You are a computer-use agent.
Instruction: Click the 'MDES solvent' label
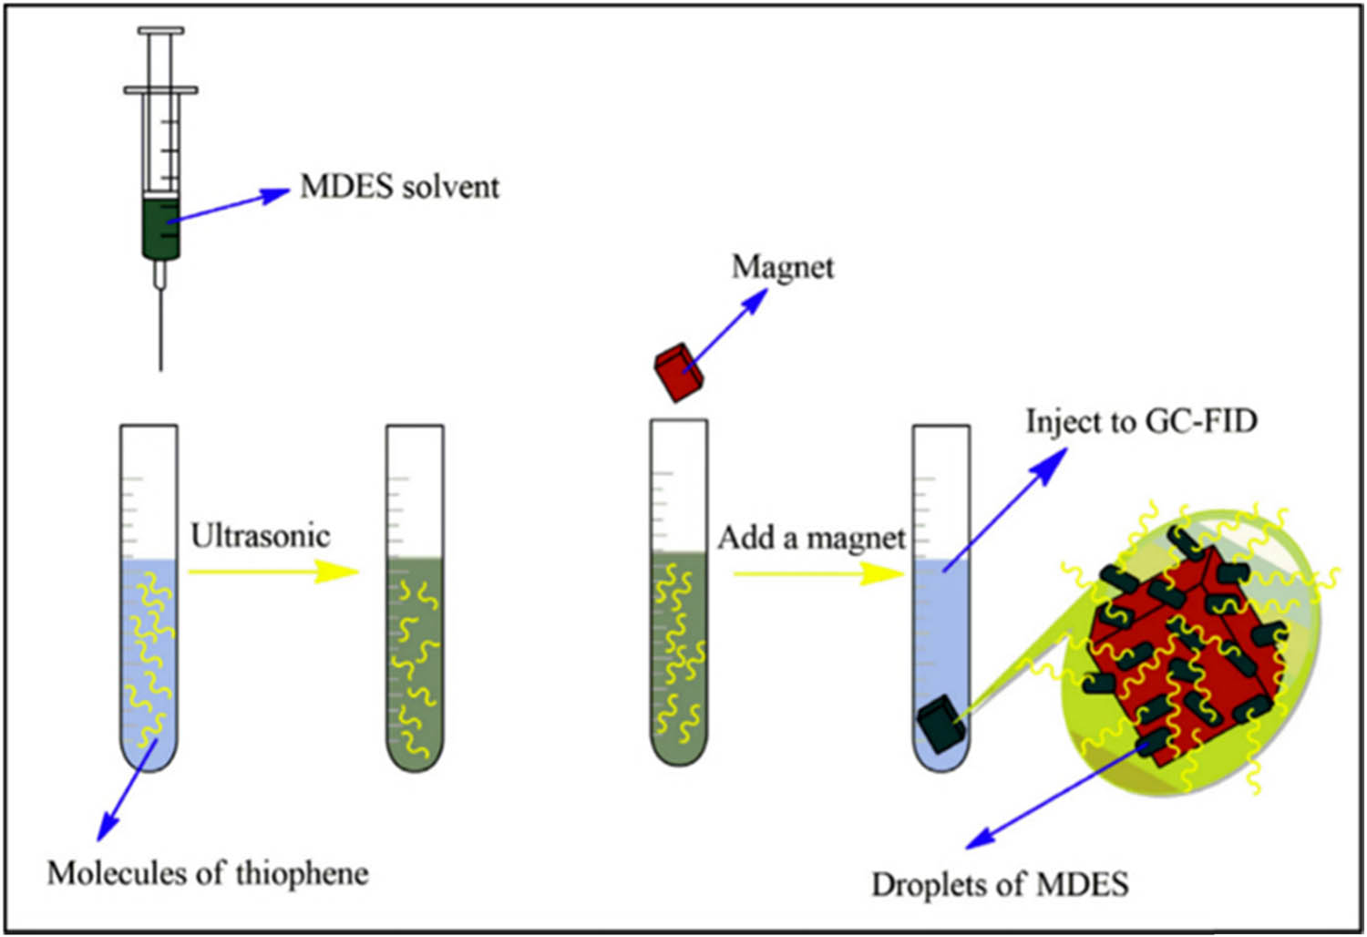pyautogui.click(x=399, y=187)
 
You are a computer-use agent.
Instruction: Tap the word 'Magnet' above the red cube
pyautogui.click(x=782, y=267)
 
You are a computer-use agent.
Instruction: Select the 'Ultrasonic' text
pyautogui.click(x=260, y=535)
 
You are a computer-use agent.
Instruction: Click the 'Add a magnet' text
pyautogui.click(x=811, y=538)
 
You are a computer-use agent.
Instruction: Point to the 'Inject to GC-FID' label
pyautogui.click(x=1141, y=421)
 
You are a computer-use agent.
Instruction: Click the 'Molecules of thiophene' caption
pyautogui.click(x=208, y=873)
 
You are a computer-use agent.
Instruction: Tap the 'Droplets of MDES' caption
pyautogui.click(x=1000, y=884)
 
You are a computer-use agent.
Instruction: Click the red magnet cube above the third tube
pyautogui.click(x=680, y=372)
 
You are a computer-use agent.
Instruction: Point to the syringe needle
pyautogui.click(x=161, y=328)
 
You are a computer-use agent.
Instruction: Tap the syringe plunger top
pyautogui.click(x=160, y=31)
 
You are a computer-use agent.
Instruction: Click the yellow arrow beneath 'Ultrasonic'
pyautogui.click(x=273, y=571)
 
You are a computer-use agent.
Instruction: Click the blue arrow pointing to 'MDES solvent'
pyautogui.click(x=228, y=206)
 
